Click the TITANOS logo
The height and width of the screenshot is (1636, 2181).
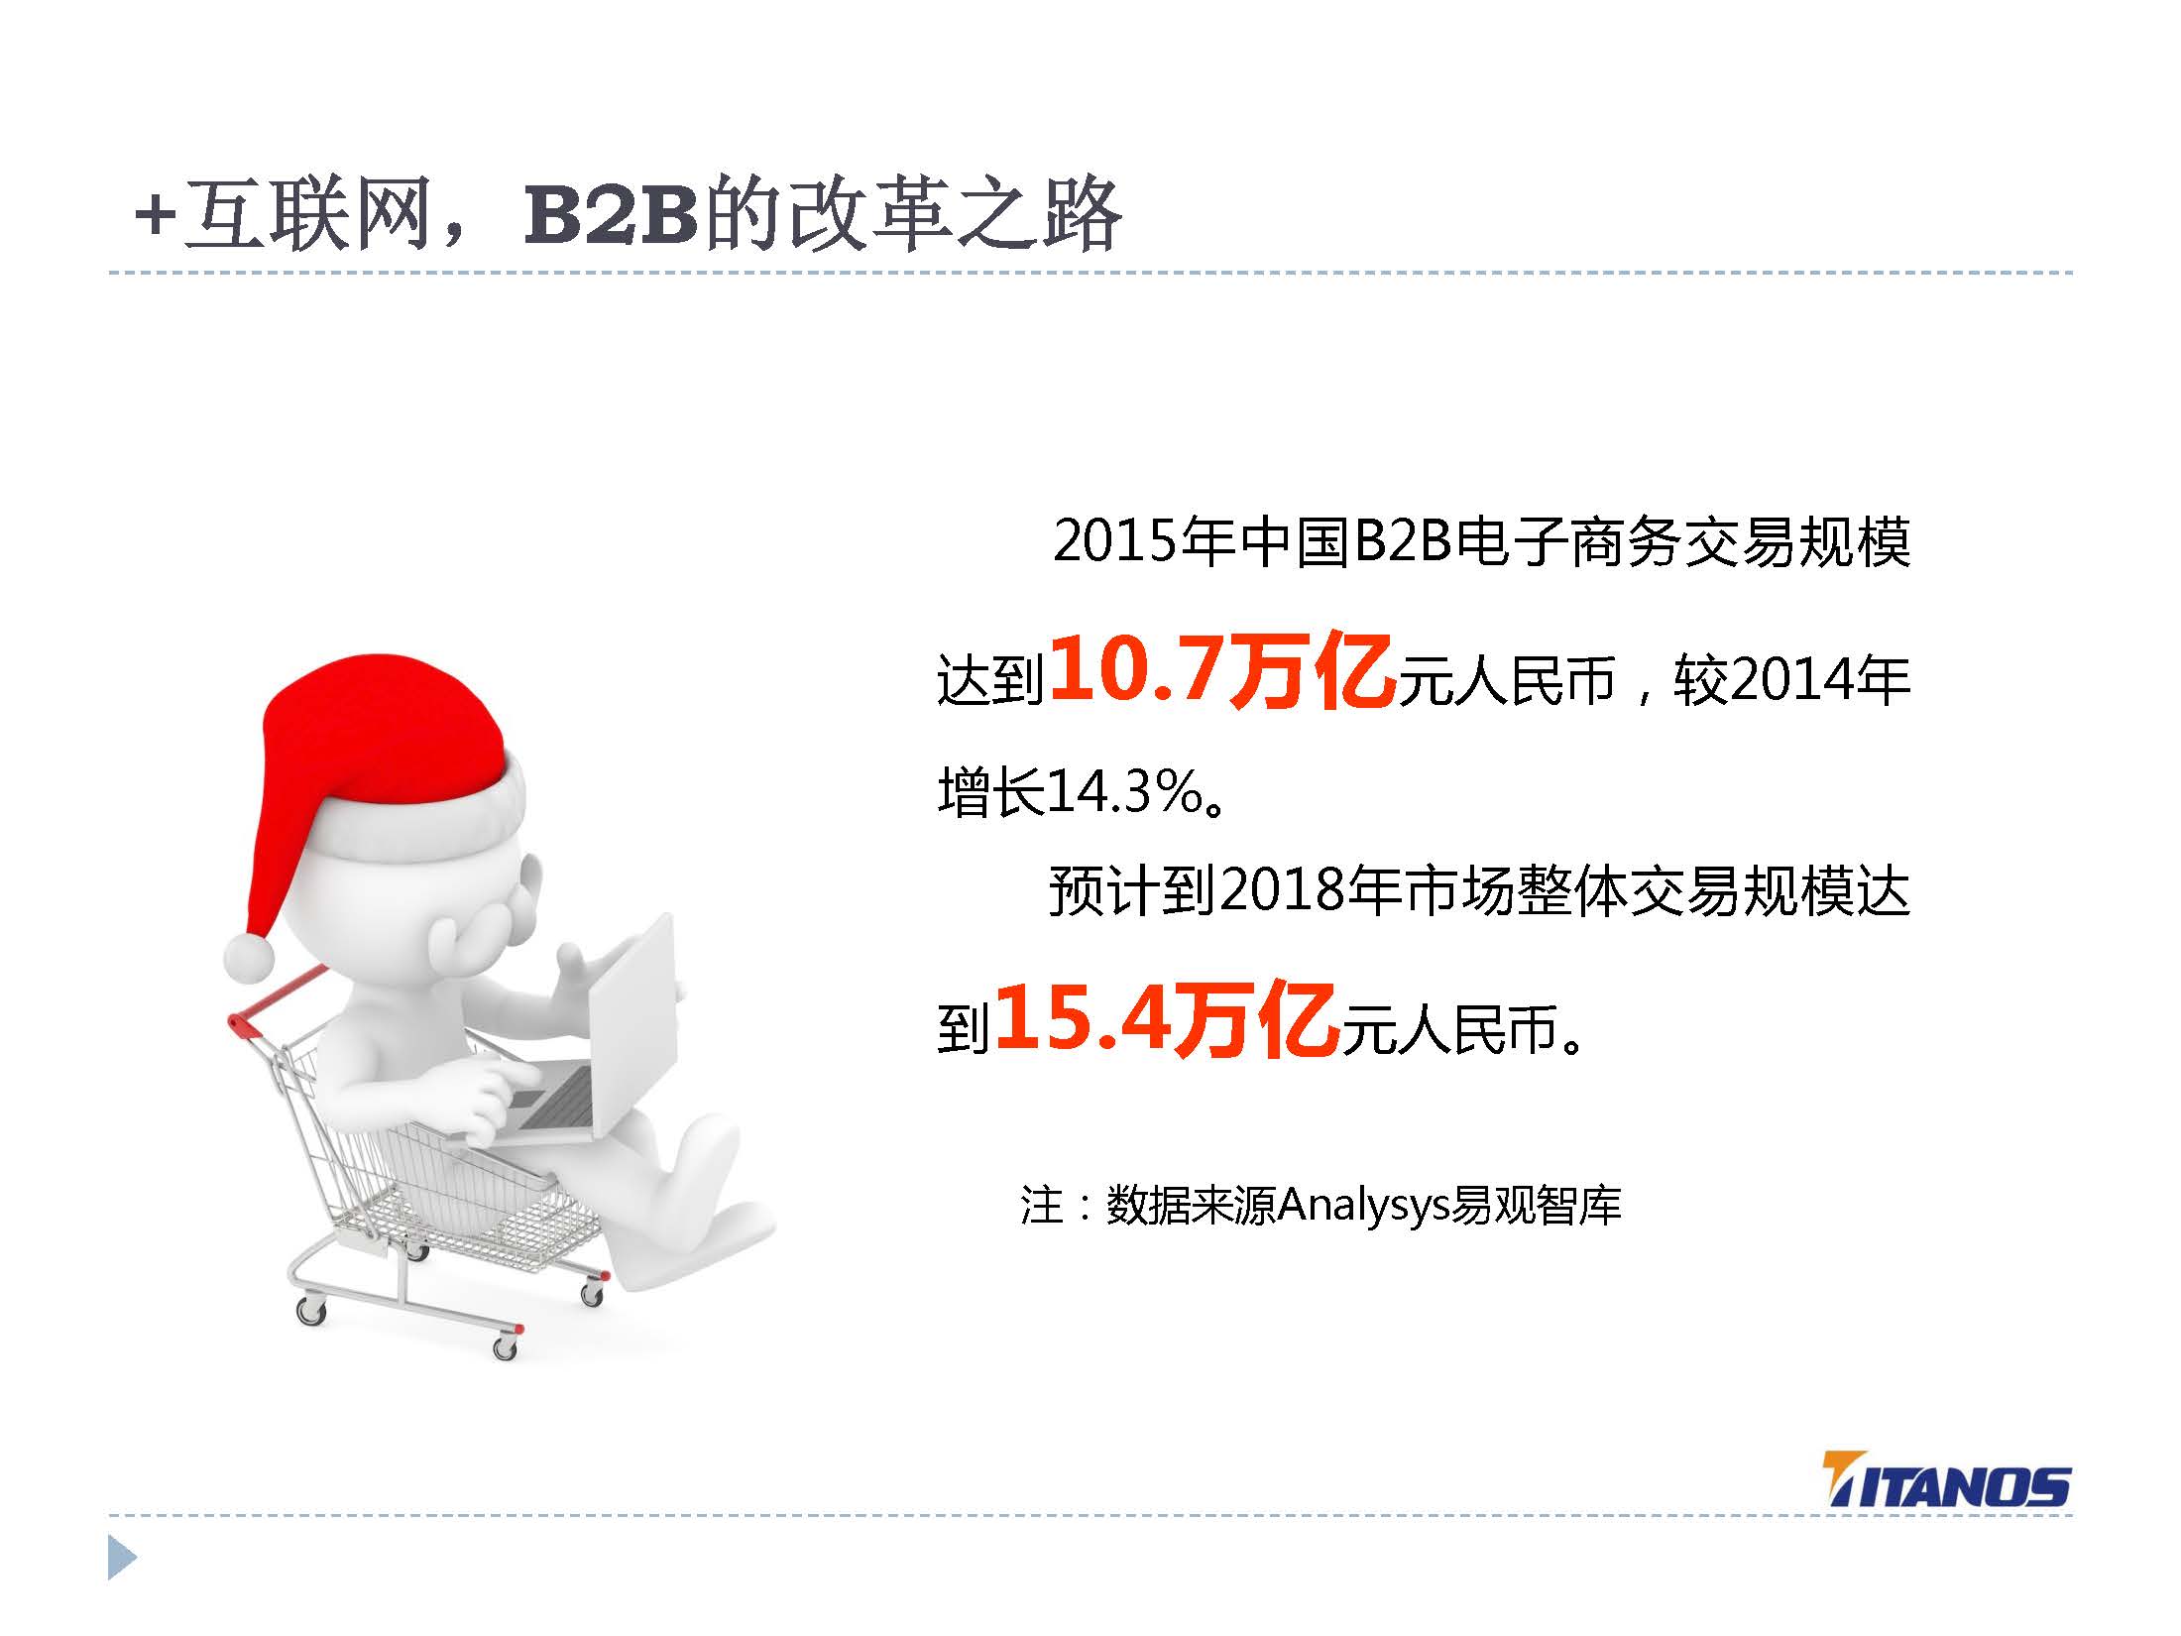coord(1946,1508)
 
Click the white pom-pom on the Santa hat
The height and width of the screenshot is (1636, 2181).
coord(249,957)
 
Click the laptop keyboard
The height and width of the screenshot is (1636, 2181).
coord(555,1095)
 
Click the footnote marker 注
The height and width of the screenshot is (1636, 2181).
coord(1042,1206)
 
